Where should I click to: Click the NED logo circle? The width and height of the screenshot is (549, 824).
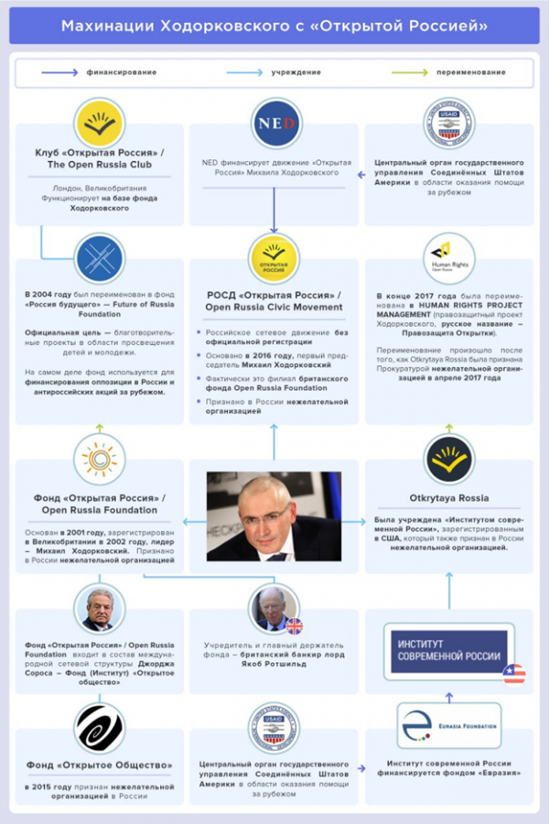[x=275, y=125]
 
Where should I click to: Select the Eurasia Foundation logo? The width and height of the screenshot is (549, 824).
[x=448, y=725]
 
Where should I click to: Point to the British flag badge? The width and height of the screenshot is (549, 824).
[x=294, y=626]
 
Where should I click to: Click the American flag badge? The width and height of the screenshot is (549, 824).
[x=514, y=674]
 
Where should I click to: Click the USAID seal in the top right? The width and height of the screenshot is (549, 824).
[x=449, y=125]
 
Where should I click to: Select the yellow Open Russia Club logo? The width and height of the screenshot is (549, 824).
[x=100, y=125]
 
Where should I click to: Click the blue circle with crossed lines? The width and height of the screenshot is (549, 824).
[x=100, y=258]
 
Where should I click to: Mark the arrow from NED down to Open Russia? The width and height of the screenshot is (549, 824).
[x=274, y=206]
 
